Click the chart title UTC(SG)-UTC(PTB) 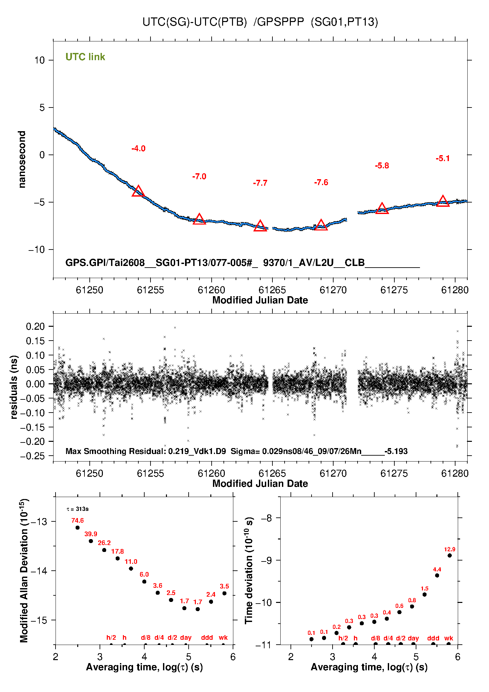(x=195, y=22)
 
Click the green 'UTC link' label (x=85, y=57)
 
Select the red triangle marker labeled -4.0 (x=138, y=191)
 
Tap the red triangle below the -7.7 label (x=260, y=226)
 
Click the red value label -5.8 (x=382, y=166)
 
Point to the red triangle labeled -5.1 (x=443, y=201)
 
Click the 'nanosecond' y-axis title (x=22, y=159)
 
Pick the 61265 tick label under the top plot (x=272, y=290)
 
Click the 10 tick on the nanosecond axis (x=40, y=60)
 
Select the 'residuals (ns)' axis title (x=14, y=387)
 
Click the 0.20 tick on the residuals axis (x=35, y=326)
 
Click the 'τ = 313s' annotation (x=78, y=509)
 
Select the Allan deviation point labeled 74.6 (x=78, y=528)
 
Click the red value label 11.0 (x=131, y=561)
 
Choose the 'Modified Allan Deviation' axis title (x=24, y=570)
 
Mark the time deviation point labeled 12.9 (x=450, y=556)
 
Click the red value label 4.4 (x=437, y=569)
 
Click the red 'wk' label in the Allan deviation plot (x=223, y=637)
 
